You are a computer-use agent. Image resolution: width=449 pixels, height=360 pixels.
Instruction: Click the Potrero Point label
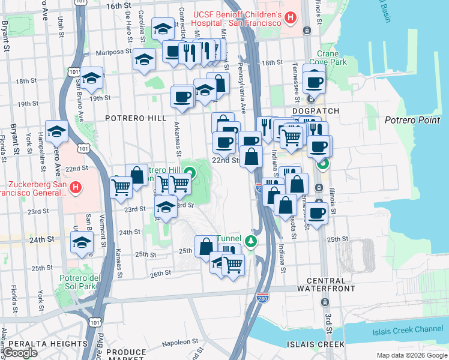[x=412, y=120]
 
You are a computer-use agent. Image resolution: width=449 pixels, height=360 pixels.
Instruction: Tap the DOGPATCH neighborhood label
[x=316, y=112]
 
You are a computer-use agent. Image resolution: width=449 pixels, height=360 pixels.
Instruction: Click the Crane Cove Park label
[x=333, y=58]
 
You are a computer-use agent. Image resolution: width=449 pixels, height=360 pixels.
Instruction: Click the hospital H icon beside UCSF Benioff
[x=291, y=17]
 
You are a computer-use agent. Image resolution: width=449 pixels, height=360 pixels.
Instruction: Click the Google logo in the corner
[x=21, y=353]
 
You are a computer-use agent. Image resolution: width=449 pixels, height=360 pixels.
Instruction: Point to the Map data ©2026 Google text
[x=412, y=355]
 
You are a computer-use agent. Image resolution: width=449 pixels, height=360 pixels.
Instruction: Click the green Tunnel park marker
[x=253, y=241]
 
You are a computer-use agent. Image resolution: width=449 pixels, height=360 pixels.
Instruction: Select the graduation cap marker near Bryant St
[x=56, y=130]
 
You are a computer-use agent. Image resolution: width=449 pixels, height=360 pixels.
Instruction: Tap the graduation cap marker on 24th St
[x=82, y=242]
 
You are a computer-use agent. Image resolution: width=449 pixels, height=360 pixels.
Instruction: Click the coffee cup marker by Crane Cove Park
[x=314, y=81]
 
